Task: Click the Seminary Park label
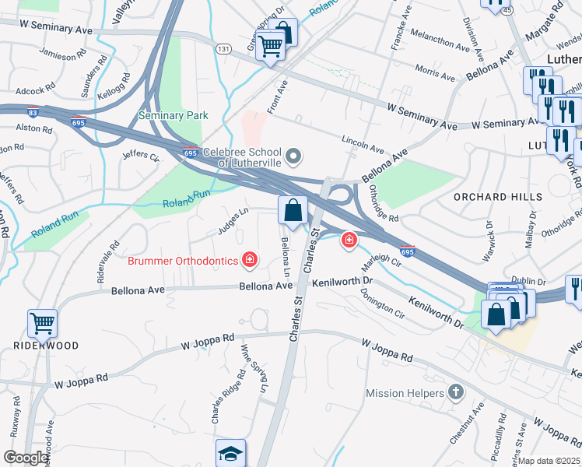173,115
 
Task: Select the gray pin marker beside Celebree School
293,158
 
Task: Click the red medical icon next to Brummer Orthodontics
250,260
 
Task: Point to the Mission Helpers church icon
456,393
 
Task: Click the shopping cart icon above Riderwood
42,322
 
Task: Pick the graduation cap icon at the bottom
230,453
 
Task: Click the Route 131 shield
223,47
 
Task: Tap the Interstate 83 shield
32,112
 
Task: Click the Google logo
25,458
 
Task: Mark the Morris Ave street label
435,72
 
